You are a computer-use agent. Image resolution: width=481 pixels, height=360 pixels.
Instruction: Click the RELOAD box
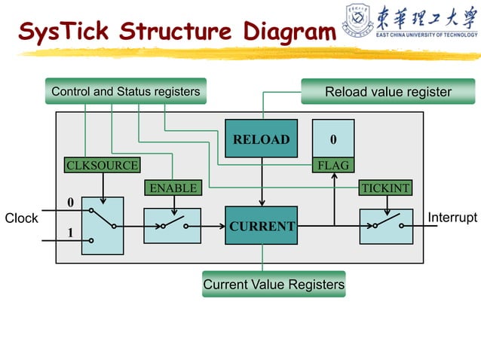point(261,139)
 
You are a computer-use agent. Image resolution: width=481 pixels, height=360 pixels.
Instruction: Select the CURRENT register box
point(262,226)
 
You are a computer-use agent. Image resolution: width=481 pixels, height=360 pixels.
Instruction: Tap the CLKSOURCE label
point(103,165)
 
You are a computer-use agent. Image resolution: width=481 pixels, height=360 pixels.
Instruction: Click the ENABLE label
point(173,188)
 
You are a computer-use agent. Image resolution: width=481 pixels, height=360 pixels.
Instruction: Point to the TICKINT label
point(386,188)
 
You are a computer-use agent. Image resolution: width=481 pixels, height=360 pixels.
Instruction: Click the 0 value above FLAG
point(333,140)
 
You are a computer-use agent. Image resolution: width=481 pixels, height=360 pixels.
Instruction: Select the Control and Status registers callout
point(125,92)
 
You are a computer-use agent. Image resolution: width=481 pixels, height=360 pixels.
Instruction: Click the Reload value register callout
point(388,92)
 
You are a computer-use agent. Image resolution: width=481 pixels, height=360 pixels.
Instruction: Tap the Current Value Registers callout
point(274,285)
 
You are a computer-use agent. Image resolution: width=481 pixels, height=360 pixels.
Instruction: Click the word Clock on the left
point(21,218)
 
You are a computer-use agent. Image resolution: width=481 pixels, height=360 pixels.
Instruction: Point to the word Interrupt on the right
point(452,218)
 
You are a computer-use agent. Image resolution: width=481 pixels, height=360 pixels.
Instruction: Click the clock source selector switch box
point(103,225)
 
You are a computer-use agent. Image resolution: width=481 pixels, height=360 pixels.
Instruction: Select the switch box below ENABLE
point(172,225)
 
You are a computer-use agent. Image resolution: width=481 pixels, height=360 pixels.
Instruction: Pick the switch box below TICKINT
point(386,226)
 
